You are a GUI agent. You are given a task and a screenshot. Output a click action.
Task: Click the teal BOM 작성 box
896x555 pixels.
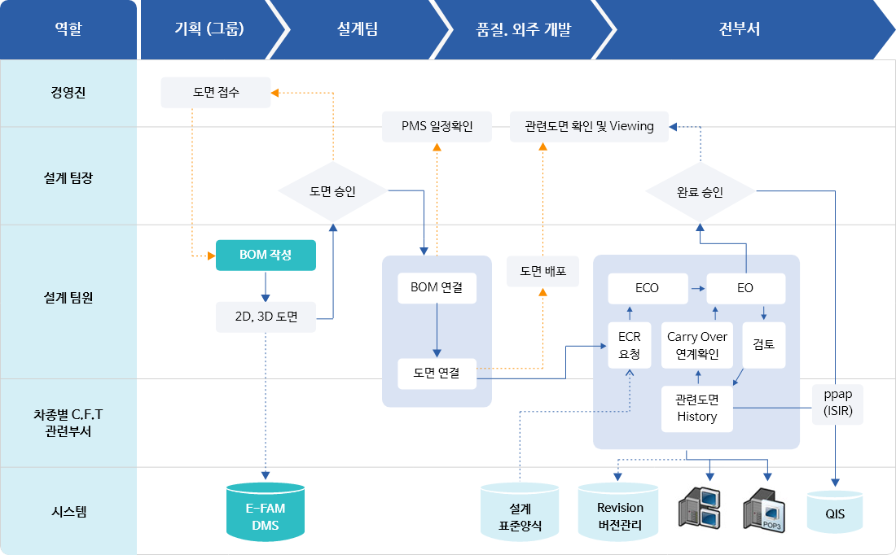coord(266,255)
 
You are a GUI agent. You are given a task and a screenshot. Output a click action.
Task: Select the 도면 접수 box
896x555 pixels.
coord(215,93)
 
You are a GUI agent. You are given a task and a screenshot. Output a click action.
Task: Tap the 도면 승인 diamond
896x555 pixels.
coord(332,191)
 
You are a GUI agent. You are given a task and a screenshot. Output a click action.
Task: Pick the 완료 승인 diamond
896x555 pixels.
coord(700,192)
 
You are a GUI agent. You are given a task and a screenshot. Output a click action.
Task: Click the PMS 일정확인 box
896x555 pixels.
coord(437,126)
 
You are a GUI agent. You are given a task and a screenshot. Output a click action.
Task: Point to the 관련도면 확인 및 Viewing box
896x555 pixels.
coord(589,126)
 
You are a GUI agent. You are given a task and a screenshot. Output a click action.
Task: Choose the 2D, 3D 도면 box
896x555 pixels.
coord(266,317)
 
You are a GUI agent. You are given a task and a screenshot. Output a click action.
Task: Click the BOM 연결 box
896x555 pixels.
coord(437,288)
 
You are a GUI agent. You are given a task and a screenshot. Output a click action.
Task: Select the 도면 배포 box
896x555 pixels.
coord(542,271)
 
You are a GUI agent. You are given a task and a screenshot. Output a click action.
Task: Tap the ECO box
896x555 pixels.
coord(648,288)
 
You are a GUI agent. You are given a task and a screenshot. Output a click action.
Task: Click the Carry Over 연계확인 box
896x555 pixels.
coord(697,345)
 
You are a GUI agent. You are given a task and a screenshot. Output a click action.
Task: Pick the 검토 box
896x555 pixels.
coord(763,345)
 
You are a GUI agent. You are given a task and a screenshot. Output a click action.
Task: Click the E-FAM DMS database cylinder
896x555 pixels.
coord(266,512)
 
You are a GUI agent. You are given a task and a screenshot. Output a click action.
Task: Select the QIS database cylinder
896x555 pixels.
coord(835,512)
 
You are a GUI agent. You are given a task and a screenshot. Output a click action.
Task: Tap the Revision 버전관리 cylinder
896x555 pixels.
coord(618,512)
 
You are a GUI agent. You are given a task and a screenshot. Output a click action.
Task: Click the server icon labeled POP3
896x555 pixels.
coord(764,510)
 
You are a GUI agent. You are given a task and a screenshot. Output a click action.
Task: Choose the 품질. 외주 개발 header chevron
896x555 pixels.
coord(524,29)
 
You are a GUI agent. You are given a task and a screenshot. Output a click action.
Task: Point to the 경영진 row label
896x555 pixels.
coord(68,93)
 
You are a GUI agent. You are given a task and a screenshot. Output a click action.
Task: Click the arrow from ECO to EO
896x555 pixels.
coord(698,288)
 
